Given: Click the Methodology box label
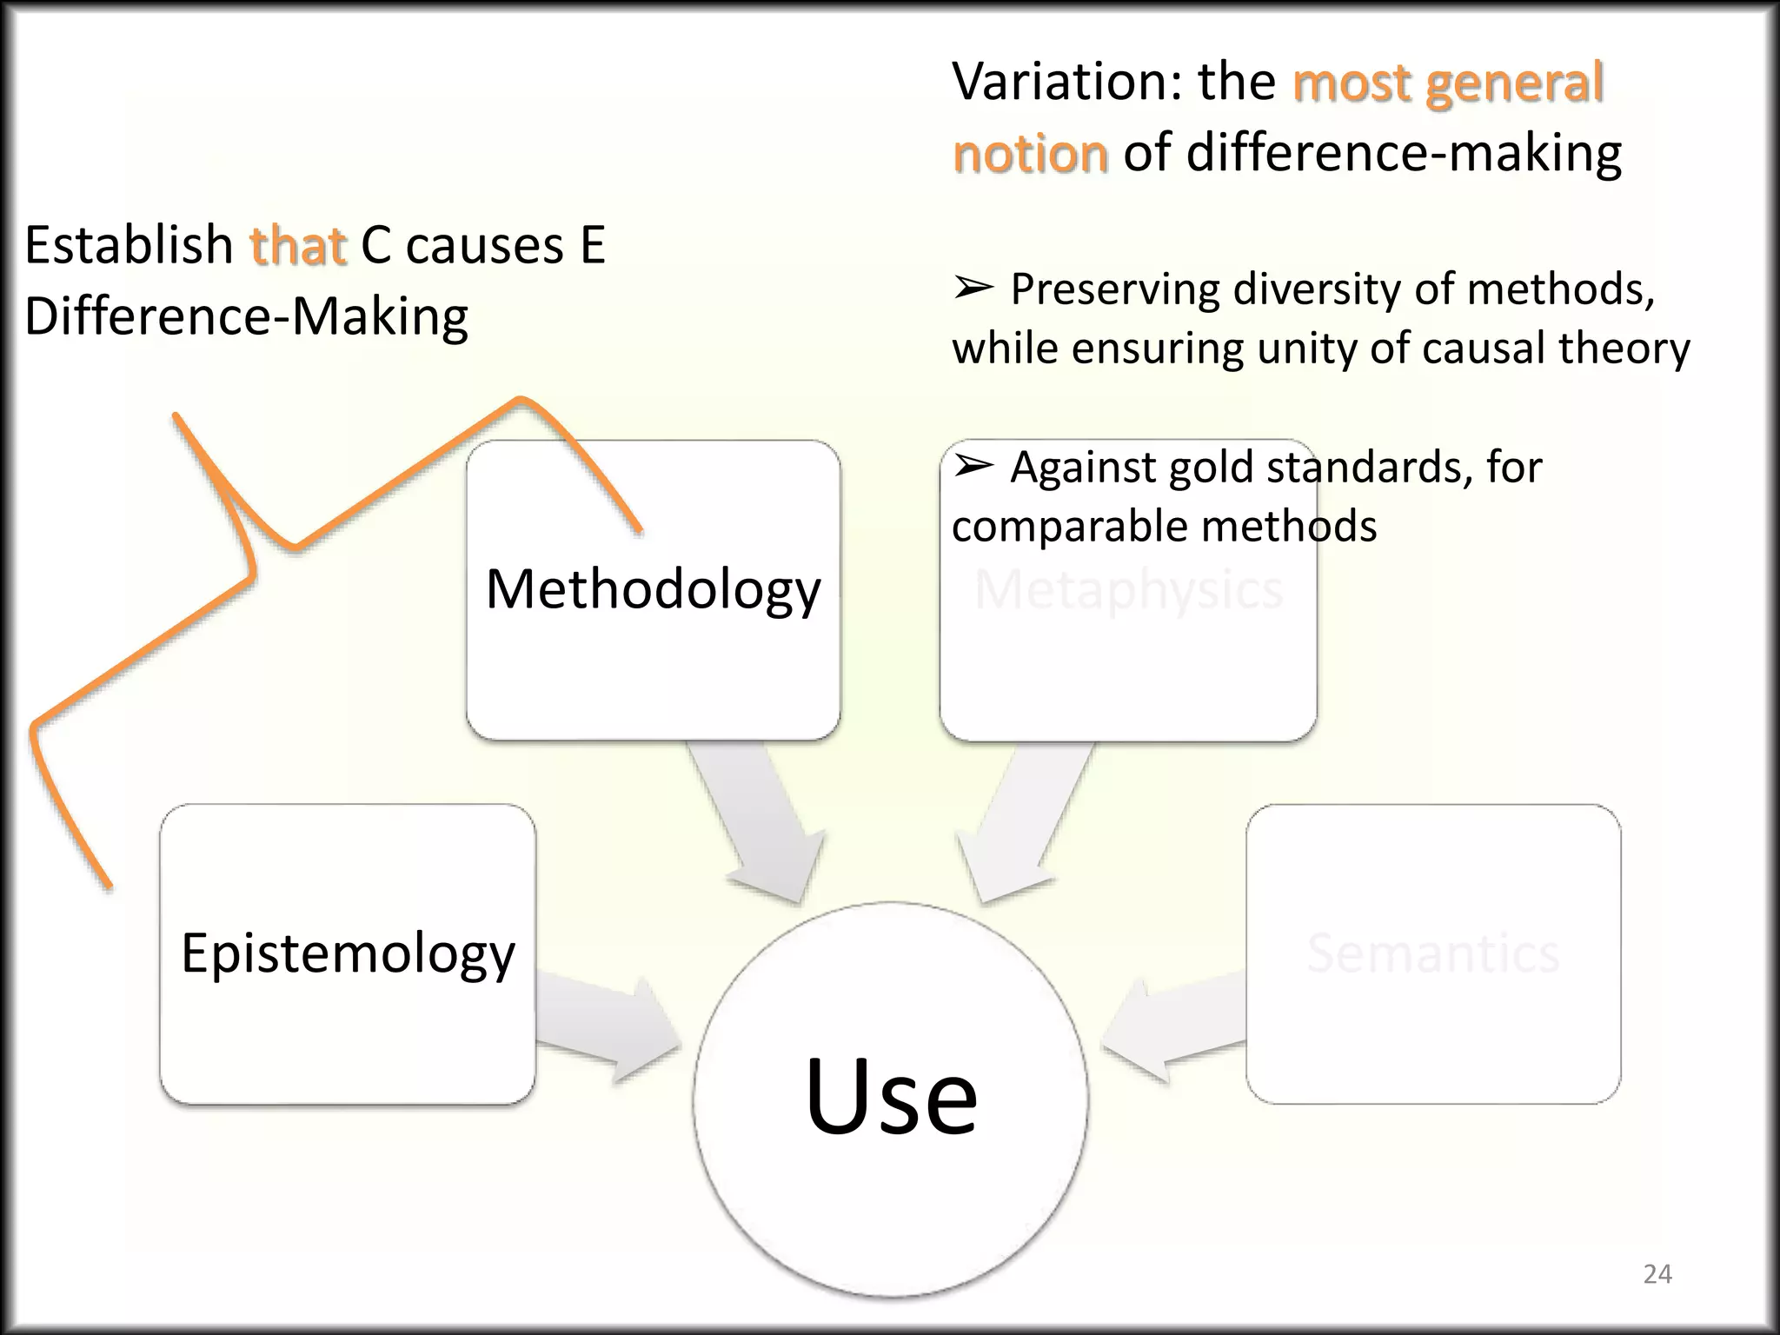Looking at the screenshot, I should [653, 590].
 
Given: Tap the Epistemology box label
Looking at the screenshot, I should [348, 953].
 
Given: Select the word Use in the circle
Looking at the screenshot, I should [891, 1096].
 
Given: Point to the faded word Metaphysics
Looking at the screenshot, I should [1128, 590].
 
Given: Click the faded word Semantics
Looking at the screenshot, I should [1432, 953].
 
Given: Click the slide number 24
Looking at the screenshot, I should [1657, 1274].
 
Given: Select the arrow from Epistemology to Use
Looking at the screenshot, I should [604, 1028].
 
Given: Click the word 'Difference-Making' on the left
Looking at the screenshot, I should [246, 316].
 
